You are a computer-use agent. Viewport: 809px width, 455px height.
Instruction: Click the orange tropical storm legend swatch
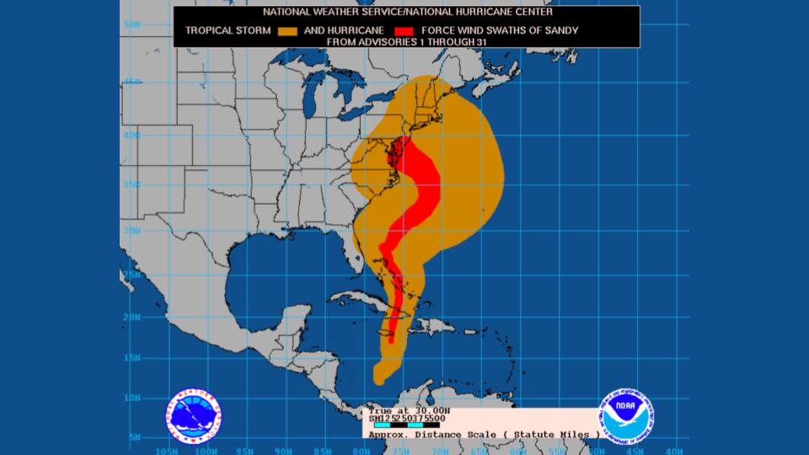[x=287, y=31]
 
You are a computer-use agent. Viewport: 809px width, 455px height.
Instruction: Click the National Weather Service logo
[x=195, y=415]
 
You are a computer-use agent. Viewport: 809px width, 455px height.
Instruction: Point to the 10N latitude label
[x=131, y=397]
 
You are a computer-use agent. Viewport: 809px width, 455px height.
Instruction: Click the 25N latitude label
[x=131, y=275]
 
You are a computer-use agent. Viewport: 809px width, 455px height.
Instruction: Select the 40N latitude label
[x=131, y=135]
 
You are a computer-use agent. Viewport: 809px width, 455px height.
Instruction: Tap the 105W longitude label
[x=168, y=450]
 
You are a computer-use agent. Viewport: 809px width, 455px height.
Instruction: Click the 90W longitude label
[x=284, y=450]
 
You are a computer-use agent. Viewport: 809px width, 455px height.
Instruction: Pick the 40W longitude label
[x=673, y=450]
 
